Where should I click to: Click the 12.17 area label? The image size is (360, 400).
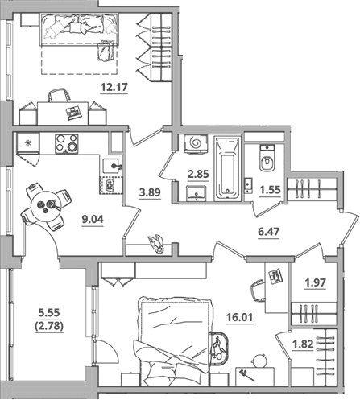click(x=114, y=87)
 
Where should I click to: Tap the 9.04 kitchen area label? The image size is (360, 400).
click(x=93, y=220)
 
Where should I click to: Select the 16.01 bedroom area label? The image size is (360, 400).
click(x=240, y=317)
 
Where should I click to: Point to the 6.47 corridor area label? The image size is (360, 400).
click(x=268, y=231)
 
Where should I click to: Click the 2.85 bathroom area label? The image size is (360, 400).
click(x=198, y=174)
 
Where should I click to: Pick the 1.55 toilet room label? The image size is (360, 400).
click(x=270, y=190)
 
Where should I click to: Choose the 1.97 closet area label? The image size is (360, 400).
click(x=316, y=282)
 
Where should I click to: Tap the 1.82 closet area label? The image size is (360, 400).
click(x=303, y=344)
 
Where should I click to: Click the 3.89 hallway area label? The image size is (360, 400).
click(x=150, y=192)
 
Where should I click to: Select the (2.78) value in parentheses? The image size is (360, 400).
click(x=49, y=326)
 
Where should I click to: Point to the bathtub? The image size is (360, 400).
click(x=227, y=168)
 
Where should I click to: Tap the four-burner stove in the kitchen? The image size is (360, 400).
click(x=67, y=144)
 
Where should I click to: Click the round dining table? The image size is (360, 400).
click(x=46, y=206)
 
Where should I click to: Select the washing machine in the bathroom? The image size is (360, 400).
click(x=196, y=144)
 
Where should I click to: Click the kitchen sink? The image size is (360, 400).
click(x=110, y=166)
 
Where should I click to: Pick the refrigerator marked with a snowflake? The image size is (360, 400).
click(x=28, y=143)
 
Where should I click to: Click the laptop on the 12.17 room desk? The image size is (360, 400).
click(x=73, y=112)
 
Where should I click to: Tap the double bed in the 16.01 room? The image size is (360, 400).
click(x=175, y=340)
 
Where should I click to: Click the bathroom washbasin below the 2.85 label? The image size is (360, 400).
click(x=197, y=193)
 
